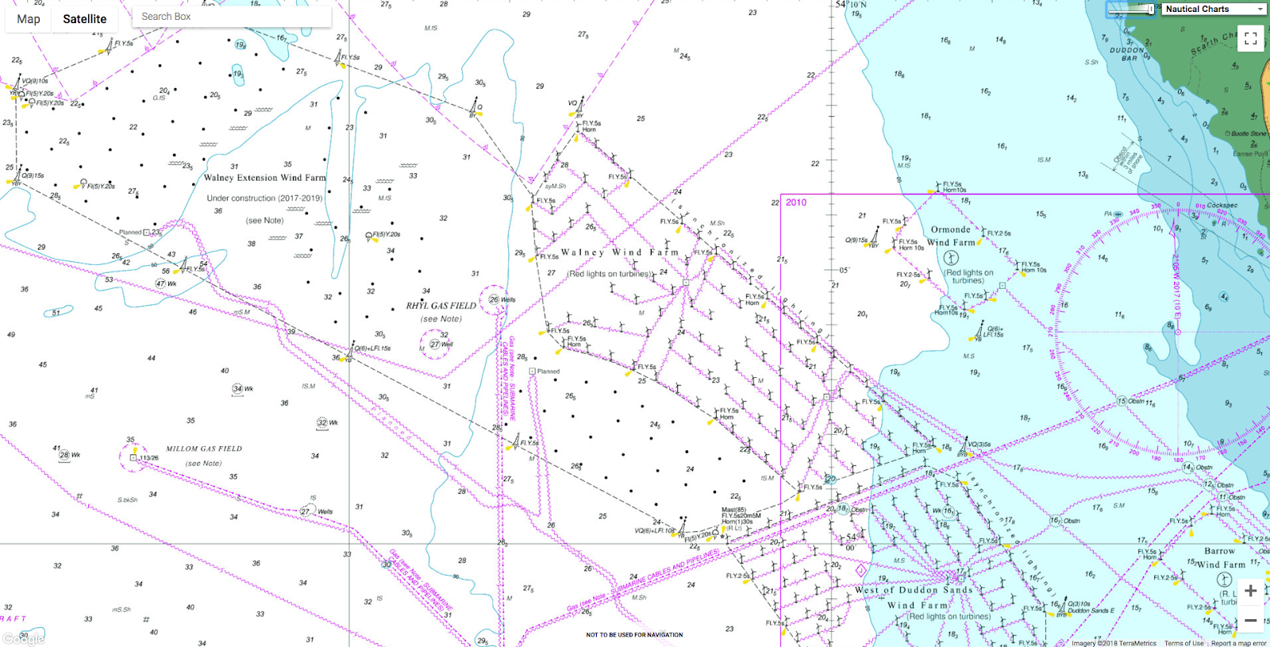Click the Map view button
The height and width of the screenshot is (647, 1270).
click(x=29, y=19)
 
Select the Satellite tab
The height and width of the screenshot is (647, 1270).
click(x=84, y=19)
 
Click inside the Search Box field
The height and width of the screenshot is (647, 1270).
click(x=230, y=17)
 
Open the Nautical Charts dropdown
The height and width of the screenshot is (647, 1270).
click(x=1214, y=9)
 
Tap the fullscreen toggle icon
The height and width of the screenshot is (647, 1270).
click(x=1250, y=38)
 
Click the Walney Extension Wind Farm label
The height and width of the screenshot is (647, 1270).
click(x=264, y=178)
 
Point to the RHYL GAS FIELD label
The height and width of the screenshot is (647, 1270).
click(x=441, y=306)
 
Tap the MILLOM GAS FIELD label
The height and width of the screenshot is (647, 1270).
click(x=204, y=449)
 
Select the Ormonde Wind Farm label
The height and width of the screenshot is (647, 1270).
click(x=951, y=236)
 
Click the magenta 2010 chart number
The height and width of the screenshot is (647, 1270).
click(x=796, y=202)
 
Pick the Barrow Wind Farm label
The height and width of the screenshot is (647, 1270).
click(x=1220, y=557)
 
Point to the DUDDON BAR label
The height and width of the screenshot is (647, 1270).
click(x=1128, y=54)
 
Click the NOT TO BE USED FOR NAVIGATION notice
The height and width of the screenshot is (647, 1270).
click(x=634, y=635)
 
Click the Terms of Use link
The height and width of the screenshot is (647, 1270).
click(x=1183, y=643)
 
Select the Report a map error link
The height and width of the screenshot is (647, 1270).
click(x=1238, y=643)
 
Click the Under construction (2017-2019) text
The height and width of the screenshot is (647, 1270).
click(x=264, y=198)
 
